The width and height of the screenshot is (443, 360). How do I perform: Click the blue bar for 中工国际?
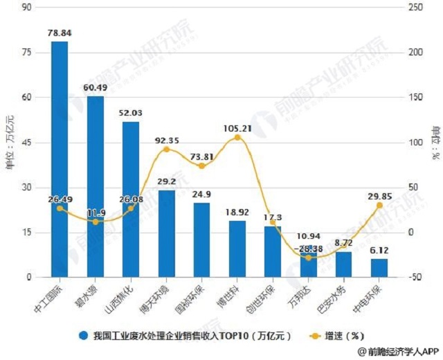60,159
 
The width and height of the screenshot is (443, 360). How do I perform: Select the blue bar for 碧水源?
96,187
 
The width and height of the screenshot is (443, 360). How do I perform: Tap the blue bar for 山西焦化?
131,199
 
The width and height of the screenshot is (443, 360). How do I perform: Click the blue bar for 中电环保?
379,268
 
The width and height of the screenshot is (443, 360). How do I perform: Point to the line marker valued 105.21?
237,138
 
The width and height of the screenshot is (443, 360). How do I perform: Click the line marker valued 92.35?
166,149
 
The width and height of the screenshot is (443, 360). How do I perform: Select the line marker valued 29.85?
379,206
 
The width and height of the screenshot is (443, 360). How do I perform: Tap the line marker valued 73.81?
201,166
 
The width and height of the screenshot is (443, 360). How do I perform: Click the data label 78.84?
60,32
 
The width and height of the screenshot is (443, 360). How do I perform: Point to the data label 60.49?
96,87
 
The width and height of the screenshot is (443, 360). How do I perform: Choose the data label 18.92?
237,212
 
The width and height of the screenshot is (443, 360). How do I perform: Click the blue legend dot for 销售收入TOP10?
82,336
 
